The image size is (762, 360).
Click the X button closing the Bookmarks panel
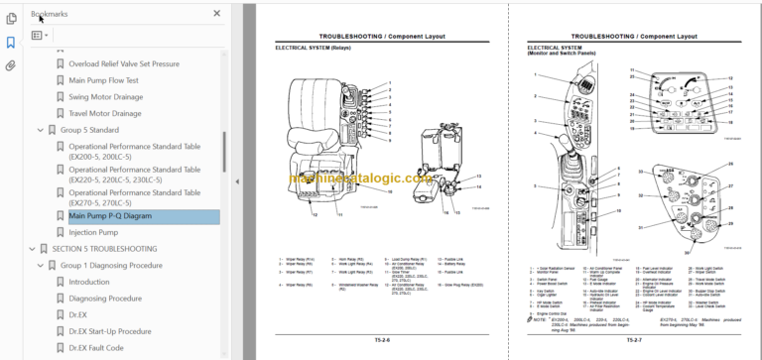pyautogui.click(x=217, y=13)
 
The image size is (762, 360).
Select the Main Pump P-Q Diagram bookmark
pyautogui.click(x=109, y=215)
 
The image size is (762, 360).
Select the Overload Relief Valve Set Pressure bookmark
pyautogui.click(x=124, y=63)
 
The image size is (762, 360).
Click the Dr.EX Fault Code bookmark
pyautogui.click(x=96, y=348)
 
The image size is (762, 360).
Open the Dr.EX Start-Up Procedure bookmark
pyautogui.click(x=109, y=331)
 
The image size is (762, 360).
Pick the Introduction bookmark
pyautogui.click(x=89, y=282)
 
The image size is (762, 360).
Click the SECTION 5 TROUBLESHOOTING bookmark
pyautogui.click(x=104, y=248)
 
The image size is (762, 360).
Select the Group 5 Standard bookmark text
pyautogui.click(x=89, y=130)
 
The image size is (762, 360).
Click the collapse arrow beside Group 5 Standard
pyautogui.click(x=40, y=130)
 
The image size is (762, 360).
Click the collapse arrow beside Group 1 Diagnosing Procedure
pyautogui.click(x=40, y=266)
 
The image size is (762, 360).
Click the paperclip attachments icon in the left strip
pyautogui.click(x=11, y=65)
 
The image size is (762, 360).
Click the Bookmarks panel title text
pyautogui.click(x=51, y=14)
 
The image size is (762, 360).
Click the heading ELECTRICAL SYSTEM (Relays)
pyautogui.click(x=313, y=48)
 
